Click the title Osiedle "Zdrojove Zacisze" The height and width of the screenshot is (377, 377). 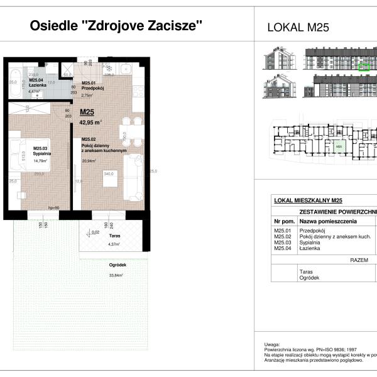(117, 26)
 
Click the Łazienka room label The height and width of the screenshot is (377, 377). (35, 85)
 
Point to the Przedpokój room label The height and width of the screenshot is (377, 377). (92, 89)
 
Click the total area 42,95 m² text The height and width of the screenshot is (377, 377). (92, 122)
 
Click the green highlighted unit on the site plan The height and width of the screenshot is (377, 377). (339, 147)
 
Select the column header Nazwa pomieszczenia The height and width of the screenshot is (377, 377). (328, 222)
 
